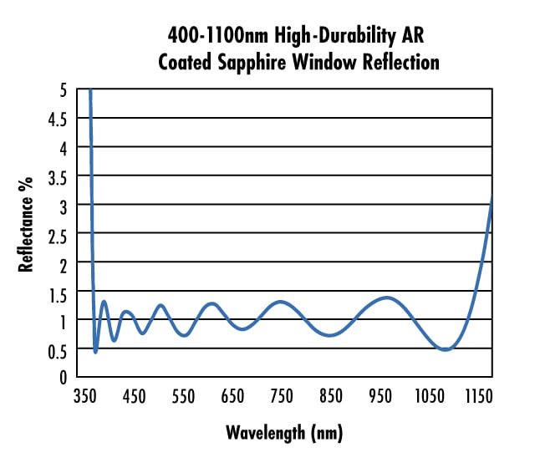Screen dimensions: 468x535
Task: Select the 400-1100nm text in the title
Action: point(213,35)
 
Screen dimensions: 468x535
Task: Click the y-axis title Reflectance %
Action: point(27,225)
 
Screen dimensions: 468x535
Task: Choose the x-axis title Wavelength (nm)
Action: point(284,433)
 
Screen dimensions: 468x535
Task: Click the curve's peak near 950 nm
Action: point(386,298)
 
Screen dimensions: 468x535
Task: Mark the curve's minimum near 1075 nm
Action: point(445,349)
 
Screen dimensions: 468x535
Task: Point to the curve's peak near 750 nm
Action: point(282,302)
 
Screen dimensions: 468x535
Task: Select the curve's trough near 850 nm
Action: point(331,335)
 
